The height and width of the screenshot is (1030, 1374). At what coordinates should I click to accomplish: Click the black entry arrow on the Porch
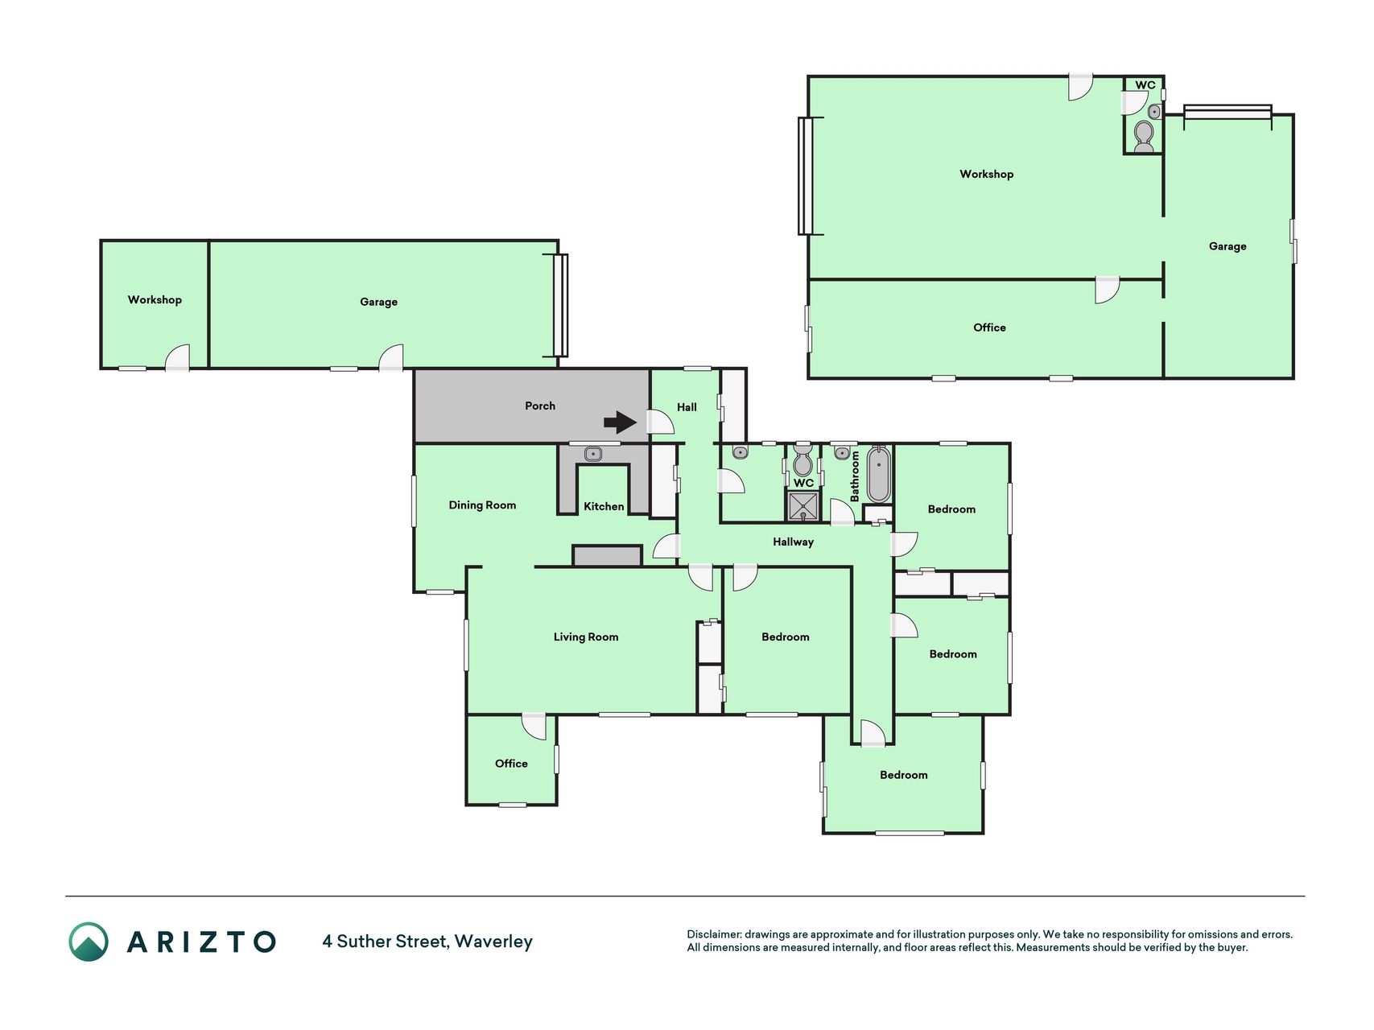[620, 422]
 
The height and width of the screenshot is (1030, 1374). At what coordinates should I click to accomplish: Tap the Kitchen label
[604, 506]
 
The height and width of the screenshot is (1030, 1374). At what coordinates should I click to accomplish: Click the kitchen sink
[593, 454]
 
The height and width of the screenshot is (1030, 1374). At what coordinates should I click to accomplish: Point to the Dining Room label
[482, 505]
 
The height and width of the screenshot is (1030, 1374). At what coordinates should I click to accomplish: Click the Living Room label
[586, 637]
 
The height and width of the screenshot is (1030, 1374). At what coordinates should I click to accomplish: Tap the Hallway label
[793, 542]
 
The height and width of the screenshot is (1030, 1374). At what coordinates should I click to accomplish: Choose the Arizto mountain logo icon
[88, 941]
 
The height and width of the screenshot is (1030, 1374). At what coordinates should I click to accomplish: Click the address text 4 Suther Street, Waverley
[427, 941]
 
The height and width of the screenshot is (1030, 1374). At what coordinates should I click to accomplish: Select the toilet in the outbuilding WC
[1143, 136]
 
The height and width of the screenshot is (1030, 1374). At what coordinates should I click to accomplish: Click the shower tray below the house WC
[803, 506]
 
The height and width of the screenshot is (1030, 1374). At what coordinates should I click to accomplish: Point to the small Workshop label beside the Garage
[155, 300]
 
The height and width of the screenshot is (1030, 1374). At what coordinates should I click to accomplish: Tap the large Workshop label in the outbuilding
[986, 174]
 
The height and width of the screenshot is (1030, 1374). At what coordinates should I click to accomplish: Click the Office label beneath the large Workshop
[989, 328]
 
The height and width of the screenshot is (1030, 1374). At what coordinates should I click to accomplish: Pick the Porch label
[540, 406]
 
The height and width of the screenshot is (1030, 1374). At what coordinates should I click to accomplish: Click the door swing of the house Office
[534, 727]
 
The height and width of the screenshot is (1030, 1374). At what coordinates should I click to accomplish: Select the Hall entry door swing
[661, 422]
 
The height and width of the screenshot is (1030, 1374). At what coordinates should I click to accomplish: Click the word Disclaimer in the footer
[713, 934]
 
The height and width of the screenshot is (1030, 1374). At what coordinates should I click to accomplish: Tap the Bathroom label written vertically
[855, 476]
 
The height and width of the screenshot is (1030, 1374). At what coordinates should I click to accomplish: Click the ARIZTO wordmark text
[201, 941]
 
